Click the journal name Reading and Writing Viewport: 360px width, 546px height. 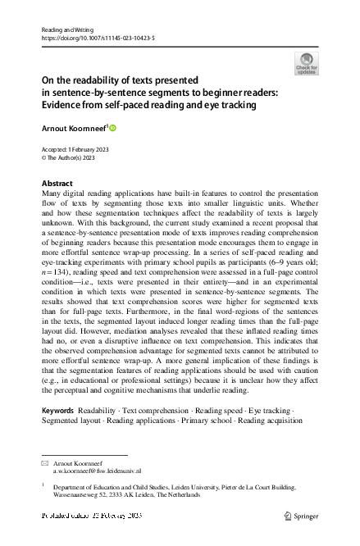pyautogui.click(x=63, y=29)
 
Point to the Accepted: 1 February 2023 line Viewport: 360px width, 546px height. pyautogui.click(x=75, y=149)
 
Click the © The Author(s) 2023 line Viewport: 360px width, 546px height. pyautogui.click(x=73, y=158)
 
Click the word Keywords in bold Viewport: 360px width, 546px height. pyautogui.click(x=59, y=409)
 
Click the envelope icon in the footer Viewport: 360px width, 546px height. pyautogui.click(x=44, y=463)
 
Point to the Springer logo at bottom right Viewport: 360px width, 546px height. pyautogui.click(x=298, y=516)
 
